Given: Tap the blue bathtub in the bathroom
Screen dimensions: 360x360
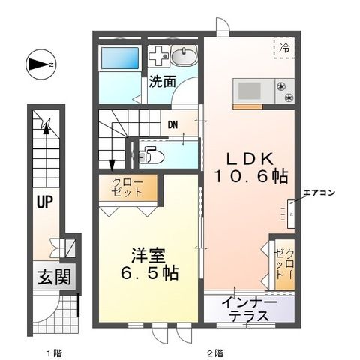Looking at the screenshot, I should tap(119, 58).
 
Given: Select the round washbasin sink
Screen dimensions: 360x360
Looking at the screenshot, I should tap(181, 56).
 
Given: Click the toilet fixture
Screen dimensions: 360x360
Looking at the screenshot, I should tap(153, 156).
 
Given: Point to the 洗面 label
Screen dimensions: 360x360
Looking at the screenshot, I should tap(161, 81).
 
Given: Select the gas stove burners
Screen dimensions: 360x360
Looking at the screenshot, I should tap(285, 91).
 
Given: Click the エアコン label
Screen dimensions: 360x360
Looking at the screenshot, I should tap(319, 193).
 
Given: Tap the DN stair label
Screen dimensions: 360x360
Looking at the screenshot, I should tap(172, 125).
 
